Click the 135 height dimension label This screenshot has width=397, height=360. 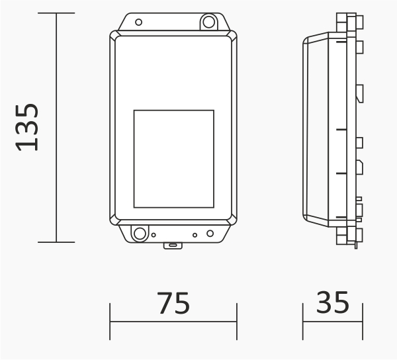(27, 127)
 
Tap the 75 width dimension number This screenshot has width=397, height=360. (173, 303)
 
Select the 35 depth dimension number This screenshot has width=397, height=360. (333, 302)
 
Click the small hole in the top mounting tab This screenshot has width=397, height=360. (138, 22)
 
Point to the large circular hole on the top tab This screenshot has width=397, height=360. (209, 22)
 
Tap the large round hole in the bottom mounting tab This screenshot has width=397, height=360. (140, 234)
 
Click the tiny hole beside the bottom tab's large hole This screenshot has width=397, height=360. (154, 235)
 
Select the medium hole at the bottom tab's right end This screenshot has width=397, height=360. (210, 234)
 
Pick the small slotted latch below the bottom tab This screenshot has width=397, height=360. (173, 246)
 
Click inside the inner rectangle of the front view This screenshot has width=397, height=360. (173, 159)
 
